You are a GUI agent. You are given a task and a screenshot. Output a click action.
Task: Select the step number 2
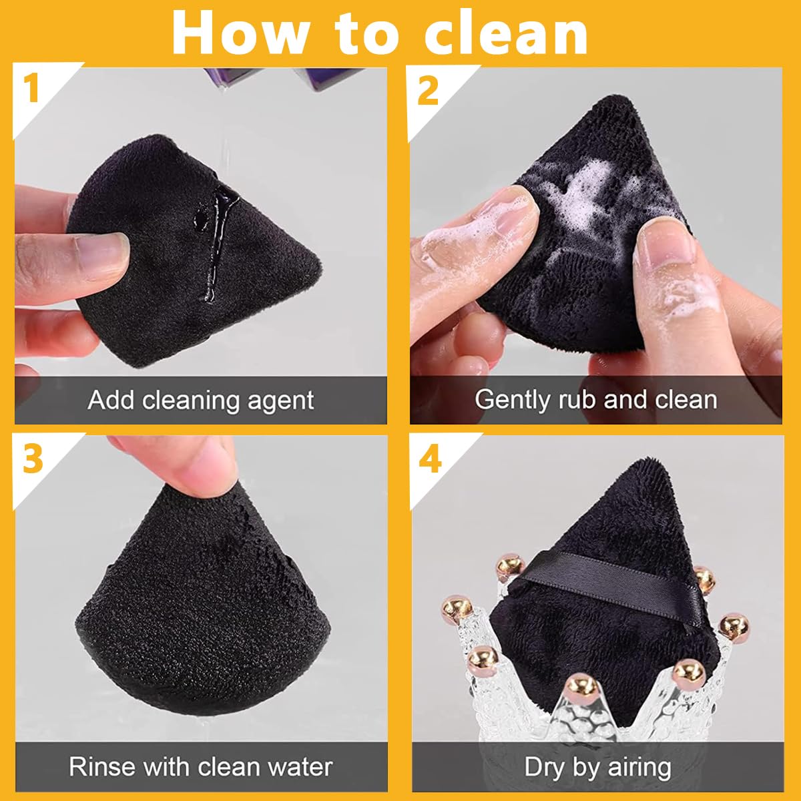pos(428,89)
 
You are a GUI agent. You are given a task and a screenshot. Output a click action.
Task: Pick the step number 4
pos(430,459)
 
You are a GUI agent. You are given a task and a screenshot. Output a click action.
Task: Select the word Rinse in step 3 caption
pos(101,766)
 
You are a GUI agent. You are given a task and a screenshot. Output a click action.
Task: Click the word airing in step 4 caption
pos(638,767)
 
